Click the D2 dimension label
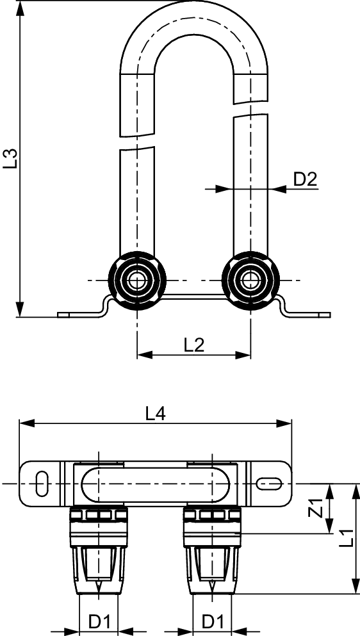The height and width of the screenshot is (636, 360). coord(305,179)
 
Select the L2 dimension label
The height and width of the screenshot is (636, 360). coord(194,345)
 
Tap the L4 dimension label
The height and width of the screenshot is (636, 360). coord(156,414)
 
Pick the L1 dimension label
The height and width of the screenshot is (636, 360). coord(346,538)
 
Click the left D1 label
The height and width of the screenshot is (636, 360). coord(99,621)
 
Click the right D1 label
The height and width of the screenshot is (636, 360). coord(213,621)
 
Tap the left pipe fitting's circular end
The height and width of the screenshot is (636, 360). coord(137,281)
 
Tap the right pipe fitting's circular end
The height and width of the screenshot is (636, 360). coord(251,281)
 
